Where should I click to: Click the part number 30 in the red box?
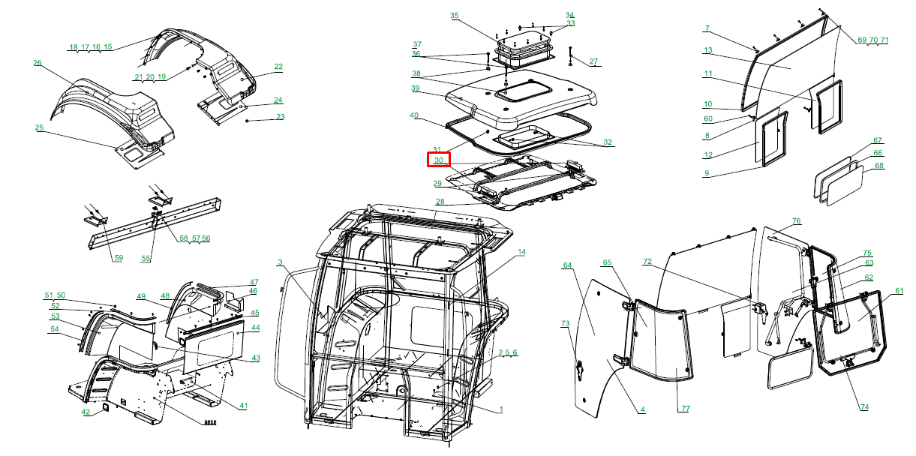(x=439, y=160)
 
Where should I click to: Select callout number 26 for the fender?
(x=38, y=63)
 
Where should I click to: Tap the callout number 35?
(x=455, y=16)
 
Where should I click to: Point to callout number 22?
(x=278, y=66)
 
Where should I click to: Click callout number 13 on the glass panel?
(x=708, y=50)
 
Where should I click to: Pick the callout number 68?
(x=879, y=165)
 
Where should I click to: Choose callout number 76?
(x=797, y=220)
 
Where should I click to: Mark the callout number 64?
(x=567, y=265)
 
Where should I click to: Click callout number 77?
(x=686, y=408)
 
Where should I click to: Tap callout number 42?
(x=86, y=412)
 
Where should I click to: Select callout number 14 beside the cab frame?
(x=521, y=252)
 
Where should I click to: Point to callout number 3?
(x=280, y=262)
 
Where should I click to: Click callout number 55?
(x=146, y=258)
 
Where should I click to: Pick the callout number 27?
(x=593, y=61)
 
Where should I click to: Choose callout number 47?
(x=254, y=282)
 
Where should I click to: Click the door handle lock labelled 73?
(x=579, y=370)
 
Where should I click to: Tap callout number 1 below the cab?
(x=501, y=409)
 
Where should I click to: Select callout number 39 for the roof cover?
(x=416, y=88)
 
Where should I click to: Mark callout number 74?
(x=864, y=407)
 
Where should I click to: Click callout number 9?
(x=707, y=173)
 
